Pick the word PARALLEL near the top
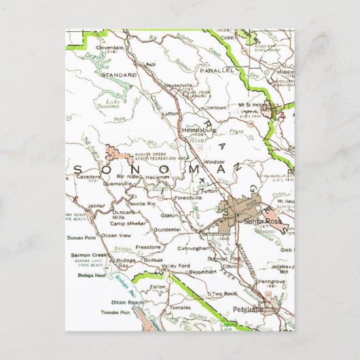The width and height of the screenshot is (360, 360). tap(215, 70)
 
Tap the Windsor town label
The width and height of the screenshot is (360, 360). tap(215, 162)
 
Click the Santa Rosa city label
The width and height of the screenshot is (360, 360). tap(262, 221)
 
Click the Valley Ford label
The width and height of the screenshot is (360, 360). tap(175, 265)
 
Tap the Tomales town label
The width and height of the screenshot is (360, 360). tap(162, 307)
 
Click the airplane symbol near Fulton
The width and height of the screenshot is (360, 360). tap(203, 179)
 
